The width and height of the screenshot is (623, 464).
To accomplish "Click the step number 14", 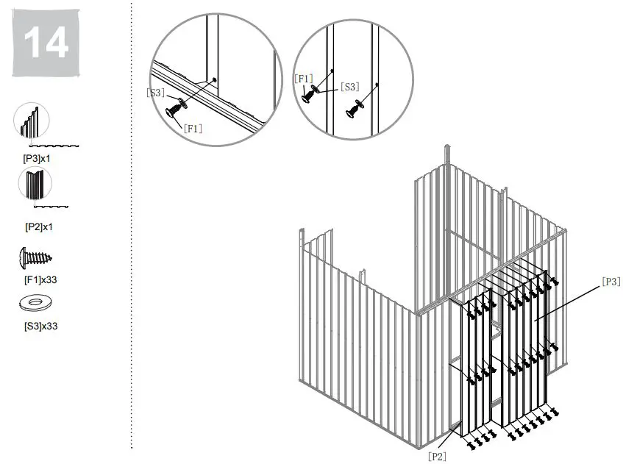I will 46,43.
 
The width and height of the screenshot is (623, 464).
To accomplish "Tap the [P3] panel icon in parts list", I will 32,121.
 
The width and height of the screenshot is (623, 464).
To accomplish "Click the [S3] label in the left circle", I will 154,93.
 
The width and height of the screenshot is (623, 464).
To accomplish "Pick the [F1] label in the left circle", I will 193,128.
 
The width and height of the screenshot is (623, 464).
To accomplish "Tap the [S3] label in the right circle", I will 349,87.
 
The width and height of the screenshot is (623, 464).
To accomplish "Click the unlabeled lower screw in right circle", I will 355,107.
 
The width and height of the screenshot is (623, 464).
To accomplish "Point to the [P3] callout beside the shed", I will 610,281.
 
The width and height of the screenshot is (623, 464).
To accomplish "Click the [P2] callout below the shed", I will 437,456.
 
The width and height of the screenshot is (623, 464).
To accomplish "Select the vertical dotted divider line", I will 131,221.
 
